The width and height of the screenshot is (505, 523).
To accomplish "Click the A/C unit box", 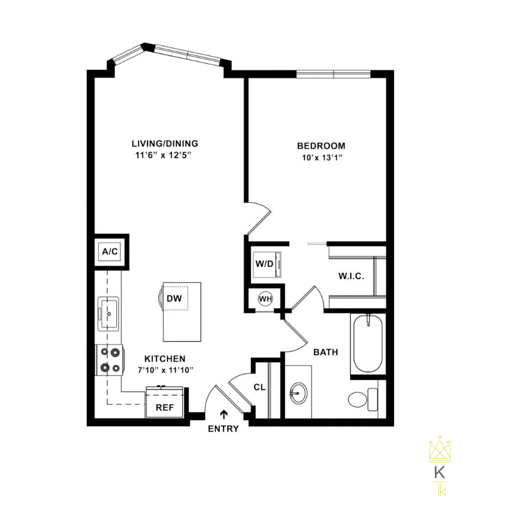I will [x=110, y=252].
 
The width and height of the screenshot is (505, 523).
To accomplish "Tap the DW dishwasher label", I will [x=173, y=299].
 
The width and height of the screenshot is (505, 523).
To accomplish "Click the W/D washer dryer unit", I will [x=265, y=264].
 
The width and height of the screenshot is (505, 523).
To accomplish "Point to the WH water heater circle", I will [x=265, y=299].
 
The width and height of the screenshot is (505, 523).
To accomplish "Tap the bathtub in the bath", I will [x=368, y=344].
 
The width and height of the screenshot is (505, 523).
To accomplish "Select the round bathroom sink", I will [x=298, y=392].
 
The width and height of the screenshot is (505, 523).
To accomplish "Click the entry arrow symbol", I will [x=224, y=415].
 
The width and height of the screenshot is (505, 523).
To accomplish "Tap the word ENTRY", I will [x=224, y=429].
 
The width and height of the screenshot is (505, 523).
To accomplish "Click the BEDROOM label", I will [x=321, y=146].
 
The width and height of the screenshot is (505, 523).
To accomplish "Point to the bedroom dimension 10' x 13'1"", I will [x=321, y=158].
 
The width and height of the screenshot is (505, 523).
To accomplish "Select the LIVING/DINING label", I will [x=165, y=143].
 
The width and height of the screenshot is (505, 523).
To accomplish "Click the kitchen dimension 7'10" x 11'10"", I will [x=166, y=370].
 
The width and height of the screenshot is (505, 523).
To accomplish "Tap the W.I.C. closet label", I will [x=350, y=276].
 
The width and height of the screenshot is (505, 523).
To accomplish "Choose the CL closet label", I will [x=259, y=387].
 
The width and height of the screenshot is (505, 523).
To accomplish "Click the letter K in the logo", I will [x=439, y=472].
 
